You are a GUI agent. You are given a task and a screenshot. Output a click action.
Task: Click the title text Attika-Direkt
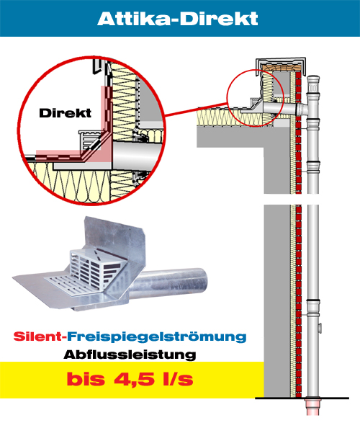[178, 19]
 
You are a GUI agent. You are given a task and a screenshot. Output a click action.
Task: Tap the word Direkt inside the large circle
[66, 113]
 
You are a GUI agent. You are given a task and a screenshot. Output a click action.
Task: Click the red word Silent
[37, 336]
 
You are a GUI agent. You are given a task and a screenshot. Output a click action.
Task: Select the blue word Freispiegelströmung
[157, 337]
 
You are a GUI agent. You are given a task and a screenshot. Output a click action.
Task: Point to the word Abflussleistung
[130, 355]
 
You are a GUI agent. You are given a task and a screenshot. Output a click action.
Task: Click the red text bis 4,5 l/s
[130, 379]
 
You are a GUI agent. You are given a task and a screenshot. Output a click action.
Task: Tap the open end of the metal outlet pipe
[202, 280]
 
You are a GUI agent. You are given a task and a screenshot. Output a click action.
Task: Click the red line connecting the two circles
[196, 110]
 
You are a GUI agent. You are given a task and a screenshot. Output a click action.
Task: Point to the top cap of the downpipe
[313, 79]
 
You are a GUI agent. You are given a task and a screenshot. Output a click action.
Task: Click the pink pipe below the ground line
[312, 408]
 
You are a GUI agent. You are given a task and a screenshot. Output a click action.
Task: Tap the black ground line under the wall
[302, 398]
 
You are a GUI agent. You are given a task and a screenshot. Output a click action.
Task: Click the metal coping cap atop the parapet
[281, 62]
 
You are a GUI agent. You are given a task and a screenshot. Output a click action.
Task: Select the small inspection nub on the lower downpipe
[320, 328]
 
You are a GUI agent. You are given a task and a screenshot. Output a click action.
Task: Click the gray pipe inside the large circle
[136, 157]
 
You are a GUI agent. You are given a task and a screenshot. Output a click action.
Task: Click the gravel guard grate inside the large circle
[90, 140]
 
